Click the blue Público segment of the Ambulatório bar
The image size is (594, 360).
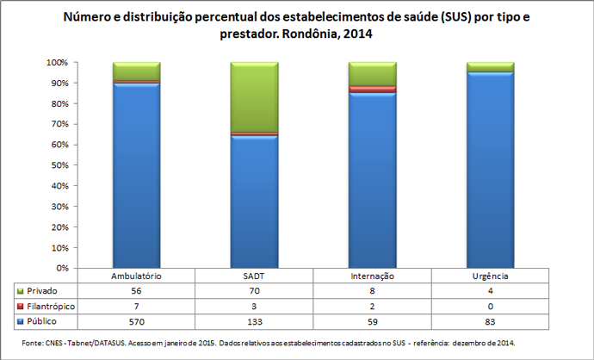(136, 172)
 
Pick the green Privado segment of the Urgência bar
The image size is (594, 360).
(490, 67)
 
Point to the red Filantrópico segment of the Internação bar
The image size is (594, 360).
(372, 89)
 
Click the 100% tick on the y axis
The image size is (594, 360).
(58, 63)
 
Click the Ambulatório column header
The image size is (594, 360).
(137, 276)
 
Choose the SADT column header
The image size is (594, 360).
(254, 276)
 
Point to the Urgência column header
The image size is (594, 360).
(490, 276)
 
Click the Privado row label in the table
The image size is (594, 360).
(42, 291)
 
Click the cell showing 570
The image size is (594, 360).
(137, 320)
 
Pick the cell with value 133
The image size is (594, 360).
(254, 320)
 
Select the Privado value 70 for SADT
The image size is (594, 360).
(254, 291)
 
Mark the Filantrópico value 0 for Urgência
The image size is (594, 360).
(490, 306)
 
